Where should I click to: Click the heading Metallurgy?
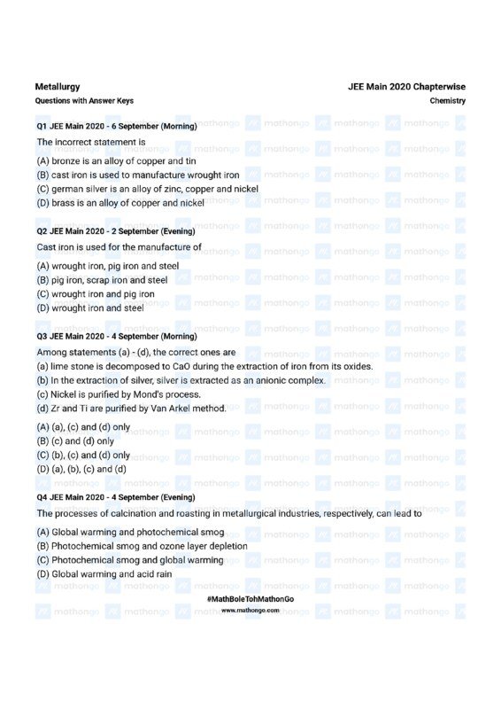[58, 87]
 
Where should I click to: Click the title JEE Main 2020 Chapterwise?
[406, 87]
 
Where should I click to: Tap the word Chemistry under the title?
[448, 101]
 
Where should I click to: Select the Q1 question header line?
[116, 127]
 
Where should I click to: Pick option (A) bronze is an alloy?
[116, 161]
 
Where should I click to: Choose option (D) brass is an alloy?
[120, 203]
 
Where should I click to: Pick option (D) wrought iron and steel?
[90, 308]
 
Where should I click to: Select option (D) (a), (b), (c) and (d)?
[81, 469]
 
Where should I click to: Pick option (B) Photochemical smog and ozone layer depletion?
[143, 547]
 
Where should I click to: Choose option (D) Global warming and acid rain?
[104, 574]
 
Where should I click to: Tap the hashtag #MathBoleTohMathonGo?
[250, 600]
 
